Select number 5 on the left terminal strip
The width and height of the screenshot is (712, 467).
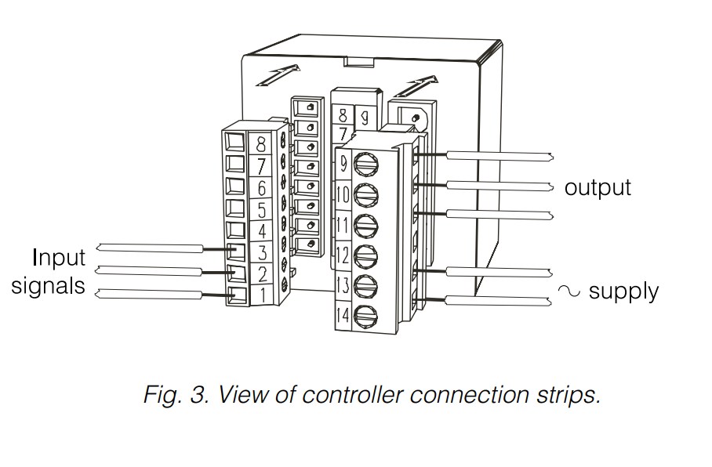(260, 209)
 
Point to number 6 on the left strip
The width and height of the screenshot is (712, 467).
(260, 187)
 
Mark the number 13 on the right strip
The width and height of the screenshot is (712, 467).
(343, 285)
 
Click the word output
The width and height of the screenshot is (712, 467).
(598, 188)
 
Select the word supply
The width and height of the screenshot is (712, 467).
(623, 291)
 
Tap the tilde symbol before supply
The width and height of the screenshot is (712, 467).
(569, 291)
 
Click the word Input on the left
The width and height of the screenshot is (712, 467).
(59, 258)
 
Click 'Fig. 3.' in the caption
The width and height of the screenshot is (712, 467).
(176, 394)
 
